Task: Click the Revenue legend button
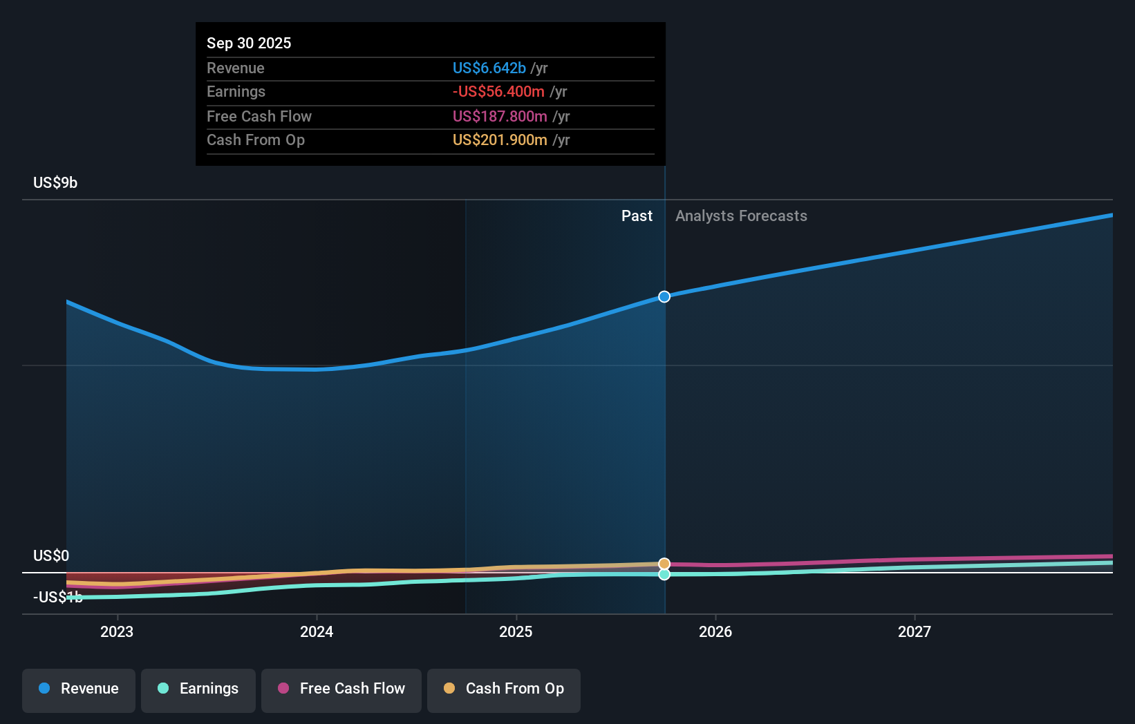coord(79,689)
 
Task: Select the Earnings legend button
coord(198,689)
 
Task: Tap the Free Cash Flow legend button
coord(341,689)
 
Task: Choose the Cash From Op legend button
coord(504,689)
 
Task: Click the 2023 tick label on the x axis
coord(117,631)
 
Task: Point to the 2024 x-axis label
coord(317,631)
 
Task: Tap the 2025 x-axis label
coord(516,631)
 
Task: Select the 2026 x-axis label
coord(715,631)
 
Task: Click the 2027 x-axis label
coord(914,631)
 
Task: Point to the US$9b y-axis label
coord(55,182)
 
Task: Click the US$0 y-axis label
coord(51,555)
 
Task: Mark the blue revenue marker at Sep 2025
coord(664,296)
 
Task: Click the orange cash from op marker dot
coord(664,564)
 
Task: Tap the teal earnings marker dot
coord(664,575)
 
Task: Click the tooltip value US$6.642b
coord(489,68)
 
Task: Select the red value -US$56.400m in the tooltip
coord(498,91)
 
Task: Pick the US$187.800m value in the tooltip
coord(499,116)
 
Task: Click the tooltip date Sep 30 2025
coord(249,43)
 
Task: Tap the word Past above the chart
coord(637,216)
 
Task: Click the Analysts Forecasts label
coord(741,216)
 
